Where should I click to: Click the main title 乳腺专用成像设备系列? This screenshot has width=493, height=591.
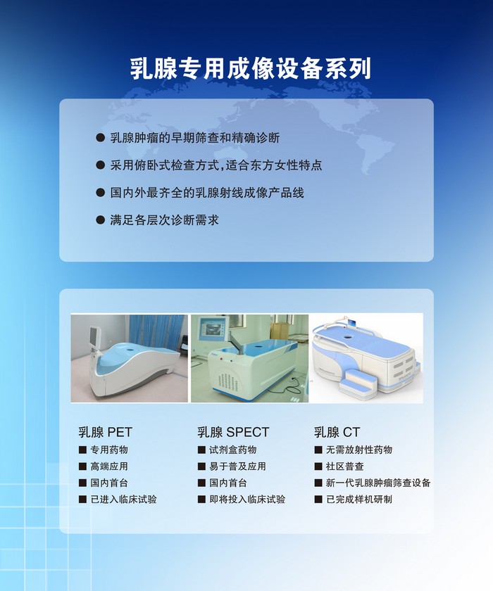click(251, 69)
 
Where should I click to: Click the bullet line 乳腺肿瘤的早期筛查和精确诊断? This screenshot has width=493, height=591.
click(195, 138)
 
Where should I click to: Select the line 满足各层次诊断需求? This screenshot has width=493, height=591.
click(165, 220)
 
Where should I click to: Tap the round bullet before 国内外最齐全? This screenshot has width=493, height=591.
click(100, 193)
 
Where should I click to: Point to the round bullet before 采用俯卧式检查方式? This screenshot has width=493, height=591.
click(100, 165)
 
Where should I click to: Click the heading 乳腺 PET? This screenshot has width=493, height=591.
click(105, 432)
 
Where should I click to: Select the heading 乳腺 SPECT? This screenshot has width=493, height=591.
click(233, 432)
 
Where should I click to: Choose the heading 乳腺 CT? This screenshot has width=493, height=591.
click(337, 432)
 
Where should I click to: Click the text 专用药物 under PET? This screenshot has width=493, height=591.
click(109, 450)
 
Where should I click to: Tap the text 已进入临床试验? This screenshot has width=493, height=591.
click(124, 500)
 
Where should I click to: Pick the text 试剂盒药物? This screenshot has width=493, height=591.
click(233, 450)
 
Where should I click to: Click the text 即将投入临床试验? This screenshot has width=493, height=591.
click(247, 500)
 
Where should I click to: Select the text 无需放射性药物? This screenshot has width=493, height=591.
click(359, 450)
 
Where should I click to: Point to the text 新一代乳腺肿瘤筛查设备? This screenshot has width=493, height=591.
click(378, 483)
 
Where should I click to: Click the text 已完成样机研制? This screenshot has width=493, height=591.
click(359, 500)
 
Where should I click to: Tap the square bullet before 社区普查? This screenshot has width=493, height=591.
click(318, 466)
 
